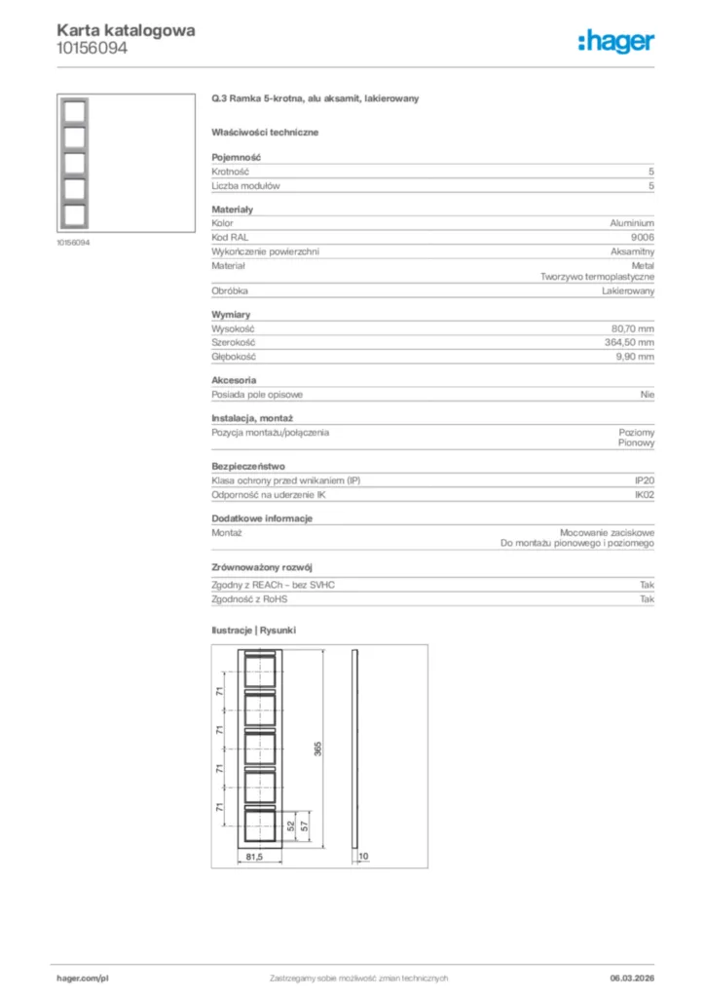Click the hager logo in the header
pos(615,40)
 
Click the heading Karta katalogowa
pos(126,30)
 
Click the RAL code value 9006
pos(644,237)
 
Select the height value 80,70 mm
pos(633,328)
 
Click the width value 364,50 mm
pos(630,343)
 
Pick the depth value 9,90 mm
pos(635,357)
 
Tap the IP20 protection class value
pos(645,481)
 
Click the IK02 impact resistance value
pos(645,495)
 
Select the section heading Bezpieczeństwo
pos(248,467)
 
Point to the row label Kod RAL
pos(228,237)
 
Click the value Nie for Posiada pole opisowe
pos(648,395)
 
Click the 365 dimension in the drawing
pos(317,748)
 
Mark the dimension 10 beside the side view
pos(363,857)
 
